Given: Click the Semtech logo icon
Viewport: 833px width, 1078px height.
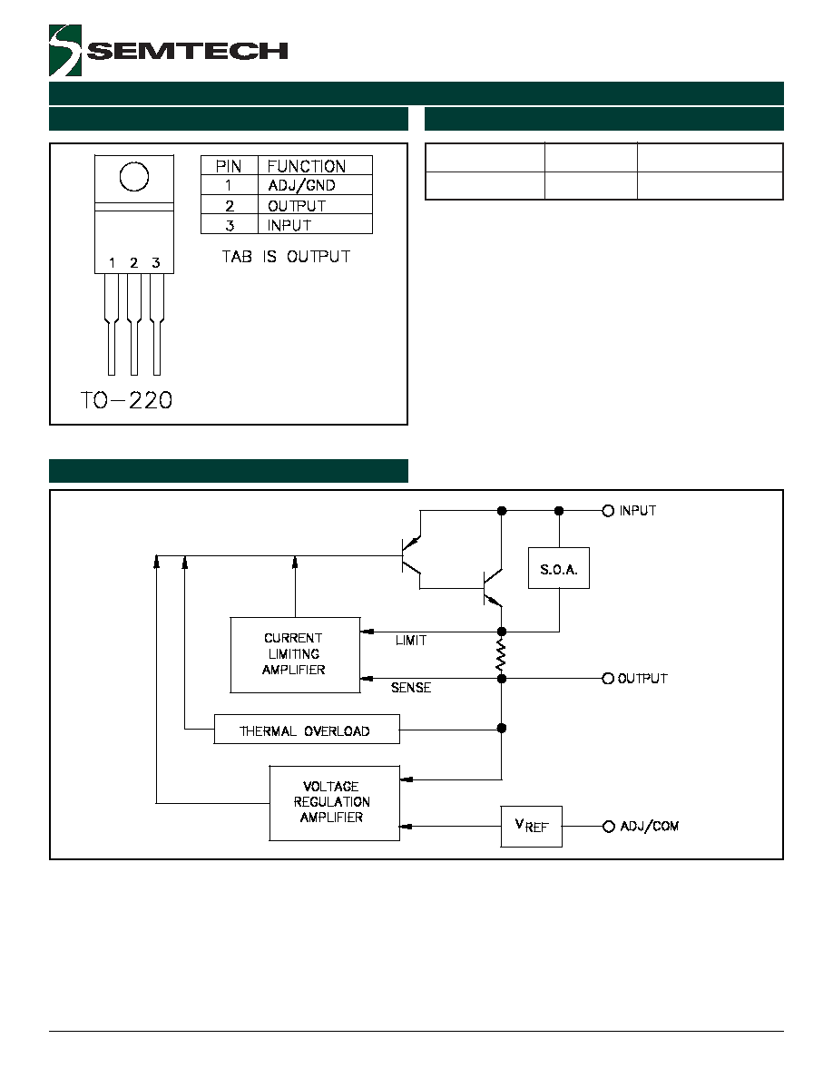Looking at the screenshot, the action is coord(65,50).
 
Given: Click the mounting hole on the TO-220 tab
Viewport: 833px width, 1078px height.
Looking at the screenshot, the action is coord(134,177).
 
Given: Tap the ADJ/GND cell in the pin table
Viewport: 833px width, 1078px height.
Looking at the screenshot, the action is coord(301,186).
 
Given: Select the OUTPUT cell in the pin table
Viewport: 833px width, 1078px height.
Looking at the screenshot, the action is coord(297,206).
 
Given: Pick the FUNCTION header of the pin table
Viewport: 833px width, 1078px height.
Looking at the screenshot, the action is coord(307,166).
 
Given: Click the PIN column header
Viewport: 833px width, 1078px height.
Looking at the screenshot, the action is coord(229,166).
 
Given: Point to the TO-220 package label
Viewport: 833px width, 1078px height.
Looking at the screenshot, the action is coord(126,400).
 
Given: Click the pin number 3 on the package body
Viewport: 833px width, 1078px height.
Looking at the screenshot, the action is coord(156,262).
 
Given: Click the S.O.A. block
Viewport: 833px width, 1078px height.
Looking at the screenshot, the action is coord(559,568).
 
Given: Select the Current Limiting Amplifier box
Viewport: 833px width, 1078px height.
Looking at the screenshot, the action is coord(295,654).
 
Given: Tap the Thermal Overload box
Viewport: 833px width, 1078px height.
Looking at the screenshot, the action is coord(307,730).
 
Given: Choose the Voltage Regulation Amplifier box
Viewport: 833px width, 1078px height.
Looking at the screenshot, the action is coord(334,803).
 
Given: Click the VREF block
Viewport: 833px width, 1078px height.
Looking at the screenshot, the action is coord(531,827).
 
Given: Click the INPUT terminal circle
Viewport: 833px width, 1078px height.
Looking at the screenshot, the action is coord(608,511).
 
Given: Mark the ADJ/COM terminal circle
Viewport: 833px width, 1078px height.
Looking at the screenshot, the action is coord(608,827).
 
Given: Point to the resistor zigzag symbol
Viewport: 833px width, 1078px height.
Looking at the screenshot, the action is coord(501,654).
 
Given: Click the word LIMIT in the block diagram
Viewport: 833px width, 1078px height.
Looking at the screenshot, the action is coord(411,640).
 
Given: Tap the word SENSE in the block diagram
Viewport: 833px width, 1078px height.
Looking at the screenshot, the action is coord(411,688).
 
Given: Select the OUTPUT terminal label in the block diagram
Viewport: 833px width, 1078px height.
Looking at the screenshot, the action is coord(642,679).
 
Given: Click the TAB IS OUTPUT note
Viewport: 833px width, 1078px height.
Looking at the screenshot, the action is coord(286,257).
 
